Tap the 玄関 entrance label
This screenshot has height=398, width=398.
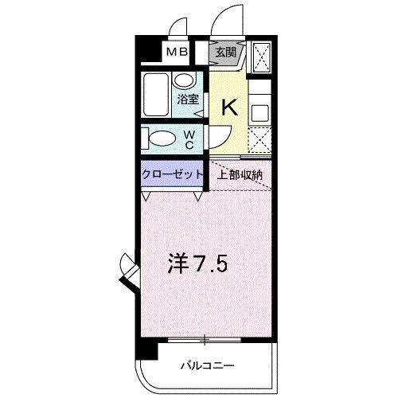(x=226, y=53)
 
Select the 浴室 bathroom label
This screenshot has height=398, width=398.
(x=188, y=100)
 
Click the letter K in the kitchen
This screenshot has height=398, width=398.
(x=228, y=107)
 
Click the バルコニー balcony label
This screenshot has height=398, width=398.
(x=205, y=366)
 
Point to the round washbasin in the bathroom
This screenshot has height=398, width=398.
(x=185, y=81)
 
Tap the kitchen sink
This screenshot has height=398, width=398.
(x=260, y=111)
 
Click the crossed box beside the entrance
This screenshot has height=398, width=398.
(x=261, y=57)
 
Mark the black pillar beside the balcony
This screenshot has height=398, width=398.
(x=141, y=349)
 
